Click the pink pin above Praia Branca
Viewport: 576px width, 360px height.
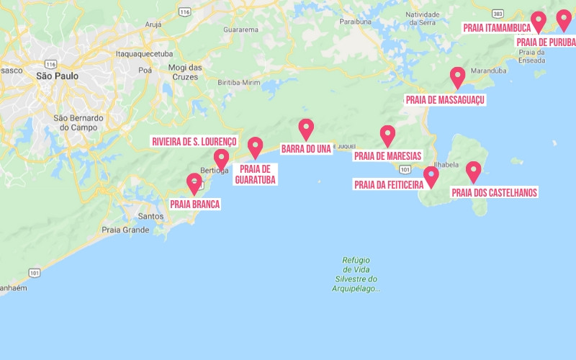194,183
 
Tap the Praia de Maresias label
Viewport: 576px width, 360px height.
387,156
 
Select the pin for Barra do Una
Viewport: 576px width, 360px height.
306,129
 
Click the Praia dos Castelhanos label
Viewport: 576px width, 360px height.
494,192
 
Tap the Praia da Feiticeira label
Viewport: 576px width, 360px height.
388,185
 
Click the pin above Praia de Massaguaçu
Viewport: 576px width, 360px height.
457,76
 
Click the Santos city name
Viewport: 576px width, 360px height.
150,216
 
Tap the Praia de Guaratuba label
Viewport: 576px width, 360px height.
255,174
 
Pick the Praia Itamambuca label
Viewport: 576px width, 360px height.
497,28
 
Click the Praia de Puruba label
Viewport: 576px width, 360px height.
546,42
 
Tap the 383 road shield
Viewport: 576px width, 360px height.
498,13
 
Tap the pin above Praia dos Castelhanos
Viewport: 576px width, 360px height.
473,171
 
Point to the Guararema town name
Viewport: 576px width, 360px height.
240,30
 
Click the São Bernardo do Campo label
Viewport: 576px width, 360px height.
79,122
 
